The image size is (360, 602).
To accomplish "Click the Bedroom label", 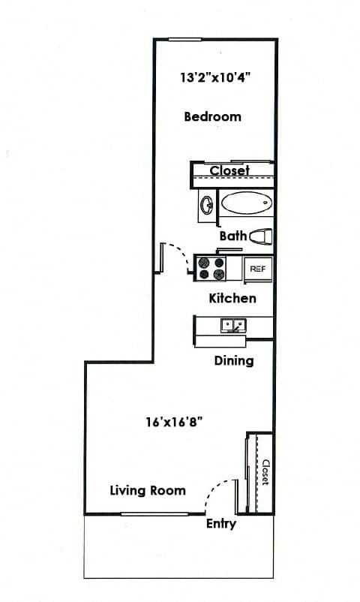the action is pyautogui.click(x=212, y=116).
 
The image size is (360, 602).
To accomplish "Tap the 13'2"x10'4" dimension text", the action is pyautogui.click(x=215, y=78).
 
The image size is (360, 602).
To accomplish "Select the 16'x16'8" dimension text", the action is pyautogui.click(x=174, y=423).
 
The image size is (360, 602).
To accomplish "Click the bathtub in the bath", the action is pyautogui.click(x=247, y=203).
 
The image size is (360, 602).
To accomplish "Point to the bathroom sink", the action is pyautogui.click(x=207, y=204).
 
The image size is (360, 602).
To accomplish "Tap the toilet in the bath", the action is pyautogui.click(x=261, y=236).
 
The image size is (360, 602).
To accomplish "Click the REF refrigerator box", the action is pyautogui.click(x=257, y=269).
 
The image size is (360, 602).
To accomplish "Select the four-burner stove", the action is pyautogui.click(x=211, y=269).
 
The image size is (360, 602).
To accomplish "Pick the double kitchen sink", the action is pyautogui.click(x=233, y=326).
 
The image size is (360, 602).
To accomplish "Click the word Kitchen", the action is pyautogui.click(x=232, y=298).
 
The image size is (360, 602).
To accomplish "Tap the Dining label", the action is pyautogui.click(x=234, y=361).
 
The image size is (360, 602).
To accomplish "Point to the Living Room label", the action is pyautogui.click(x=148, y=490).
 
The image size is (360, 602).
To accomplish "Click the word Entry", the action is pyautogui.click(x=221, y=524).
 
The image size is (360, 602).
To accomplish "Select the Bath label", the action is pyautogui.click(x=233, y=236).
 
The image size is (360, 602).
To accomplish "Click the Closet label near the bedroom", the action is pyautogui.click(x=229, y=170).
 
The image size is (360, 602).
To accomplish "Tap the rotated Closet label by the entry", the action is pyautogui.click(x=265, y=473).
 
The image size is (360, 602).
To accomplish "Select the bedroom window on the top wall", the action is pyautogui.click(x=185, y=39).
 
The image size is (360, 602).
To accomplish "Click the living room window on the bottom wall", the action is pyautogui.click(x=154, y=513).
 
